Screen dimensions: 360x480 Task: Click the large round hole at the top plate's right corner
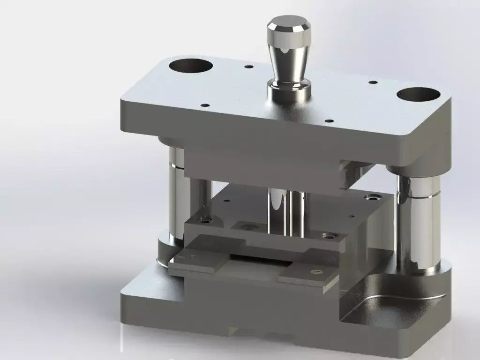coord(418,94)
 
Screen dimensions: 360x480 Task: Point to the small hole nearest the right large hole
coord(373,82)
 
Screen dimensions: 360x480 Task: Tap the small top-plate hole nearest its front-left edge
coord(204,105)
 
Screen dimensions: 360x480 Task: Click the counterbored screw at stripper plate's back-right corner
coord(374,196)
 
